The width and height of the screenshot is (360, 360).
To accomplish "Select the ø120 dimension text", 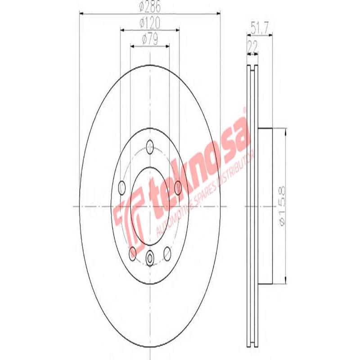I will click(x=150, y=22).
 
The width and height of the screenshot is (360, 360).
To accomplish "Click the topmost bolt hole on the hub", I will click(x=150, y=146).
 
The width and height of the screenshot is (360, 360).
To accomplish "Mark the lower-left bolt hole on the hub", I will click(x=132, y=253).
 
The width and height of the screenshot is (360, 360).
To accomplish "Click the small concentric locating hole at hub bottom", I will click(x=150, y=258).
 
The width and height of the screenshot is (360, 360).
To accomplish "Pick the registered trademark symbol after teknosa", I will click(x=243, y=109).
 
